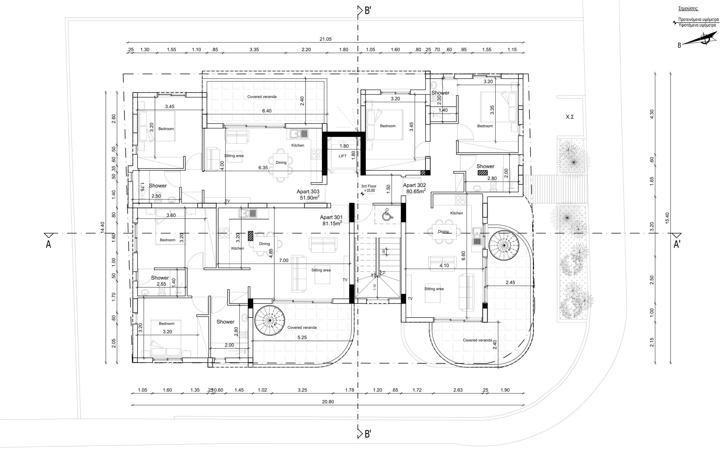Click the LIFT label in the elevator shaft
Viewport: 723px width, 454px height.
(x=342, y=156)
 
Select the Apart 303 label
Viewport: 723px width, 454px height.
(x=308, y=191)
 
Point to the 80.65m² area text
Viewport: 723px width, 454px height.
(x=416, y=191)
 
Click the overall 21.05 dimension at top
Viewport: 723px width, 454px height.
(x=325, y=39)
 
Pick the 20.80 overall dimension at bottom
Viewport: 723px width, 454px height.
(x=328, y=402)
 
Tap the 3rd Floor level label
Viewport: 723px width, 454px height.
(x=369, y=186)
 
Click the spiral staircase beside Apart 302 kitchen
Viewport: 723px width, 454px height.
(x=504, y=245)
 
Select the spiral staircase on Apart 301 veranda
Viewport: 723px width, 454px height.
(x=270, y=320)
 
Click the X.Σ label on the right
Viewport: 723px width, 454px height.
(x=570, y=117)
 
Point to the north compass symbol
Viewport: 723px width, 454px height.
(x=695, y=41)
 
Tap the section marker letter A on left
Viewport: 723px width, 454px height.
(x=48, y=245)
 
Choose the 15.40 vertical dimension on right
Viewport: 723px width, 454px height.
(x=667, y=218)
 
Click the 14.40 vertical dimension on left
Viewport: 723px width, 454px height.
(x=103, y=227)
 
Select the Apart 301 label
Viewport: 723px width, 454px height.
(x=331, y=217)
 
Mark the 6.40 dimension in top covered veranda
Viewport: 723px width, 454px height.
(x=267, y=111)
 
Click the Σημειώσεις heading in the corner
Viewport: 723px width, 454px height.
(x=688, y=8)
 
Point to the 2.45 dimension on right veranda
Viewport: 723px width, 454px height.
(x=510, y=282)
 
